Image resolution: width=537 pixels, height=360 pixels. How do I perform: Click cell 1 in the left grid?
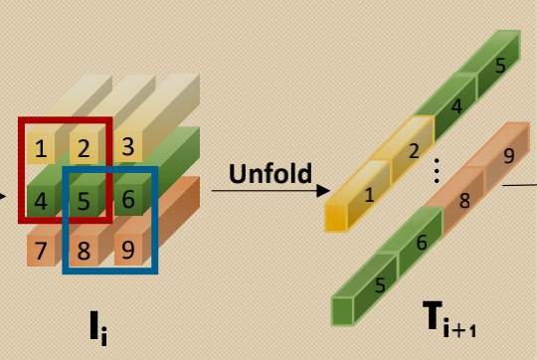pos(41,149)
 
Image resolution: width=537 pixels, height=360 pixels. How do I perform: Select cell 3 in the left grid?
pos(126,148)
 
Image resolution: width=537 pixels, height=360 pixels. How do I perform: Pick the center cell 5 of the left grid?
pos(85,200)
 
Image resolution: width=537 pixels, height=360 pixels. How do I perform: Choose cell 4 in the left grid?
pos(41,200)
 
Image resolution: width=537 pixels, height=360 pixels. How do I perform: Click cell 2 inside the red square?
pos(85,149)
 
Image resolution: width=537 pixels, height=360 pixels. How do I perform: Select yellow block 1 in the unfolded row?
pos(369,195)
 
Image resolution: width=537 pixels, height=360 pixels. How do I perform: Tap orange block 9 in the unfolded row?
pos(508,156)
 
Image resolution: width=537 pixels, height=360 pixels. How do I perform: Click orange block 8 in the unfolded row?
pos(462,199)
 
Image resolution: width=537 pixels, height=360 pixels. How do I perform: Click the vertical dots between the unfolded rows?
pos(436,171)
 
